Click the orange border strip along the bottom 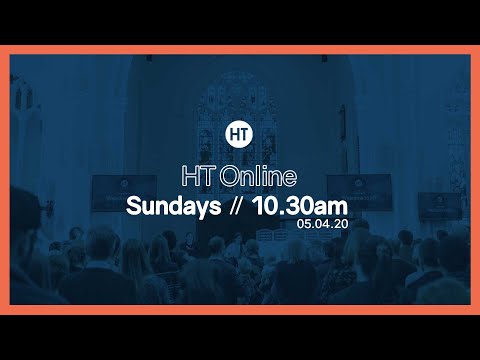240,309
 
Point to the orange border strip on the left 5,180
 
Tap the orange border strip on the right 474,180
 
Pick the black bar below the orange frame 240,337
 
